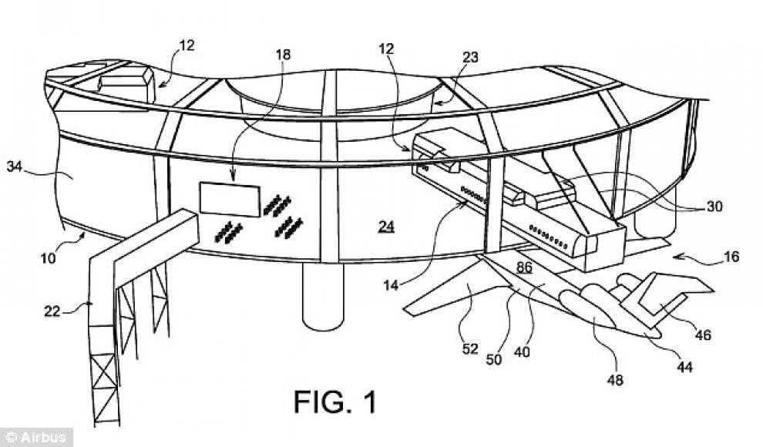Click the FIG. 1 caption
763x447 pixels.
(335, 402)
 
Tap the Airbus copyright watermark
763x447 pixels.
(36, 437)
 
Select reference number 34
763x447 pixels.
(15, 166)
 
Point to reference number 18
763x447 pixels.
(283, 55)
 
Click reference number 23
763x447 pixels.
(470, 57)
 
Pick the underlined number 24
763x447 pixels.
(386, 227)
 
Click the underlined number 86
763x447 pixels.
(524, 267)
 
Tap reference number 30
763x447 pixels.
(714, 207)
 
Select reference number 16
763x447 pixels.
(731, 257)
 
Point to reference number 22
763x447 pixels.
(52, 311)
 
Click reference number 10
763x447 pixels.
(49, 257)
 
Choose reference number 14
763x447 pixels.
(391, 285)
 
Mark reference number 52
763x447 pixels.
(470, 349)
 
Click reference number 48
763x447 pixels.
(616, 379)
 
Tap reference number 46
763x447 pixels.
(703, 334)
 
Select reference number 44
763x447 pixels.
(684, 367)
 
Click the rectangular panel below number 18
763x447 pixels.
(230, 199)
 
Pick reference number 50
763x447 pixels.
(494, 359)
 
